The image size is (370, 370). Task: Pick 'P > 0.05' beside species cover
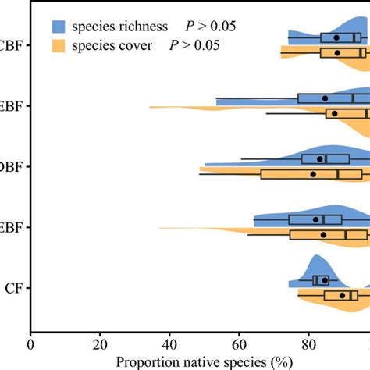[194, 45]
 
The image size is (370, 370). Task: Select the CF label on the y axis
[13, 288]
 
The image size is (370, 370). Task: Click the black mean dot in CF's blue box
[325, 280]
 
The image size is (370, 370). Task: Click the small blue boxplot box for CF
[321, 280]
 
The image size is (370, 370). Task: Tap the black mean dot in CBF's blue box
[336, 37]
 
